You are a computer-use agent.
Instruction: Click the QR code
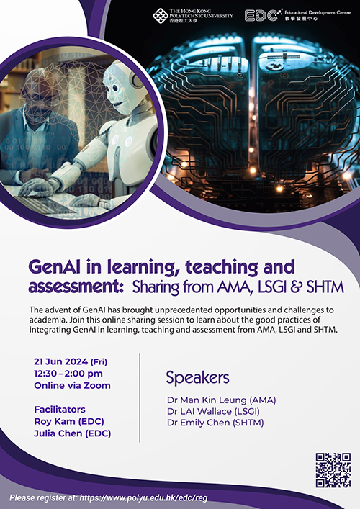click(x=333, y=470)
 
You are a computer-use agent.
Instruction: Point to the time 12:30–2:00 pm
click(x=68, y=373)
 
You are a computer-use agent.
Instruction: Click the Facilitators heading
click(x=59, y=409)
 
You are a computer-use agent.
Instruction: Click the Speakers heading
click(x=197, y=377)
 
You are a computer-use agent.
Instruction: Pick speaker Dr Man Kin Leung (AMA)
click(x=221, y=400)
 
